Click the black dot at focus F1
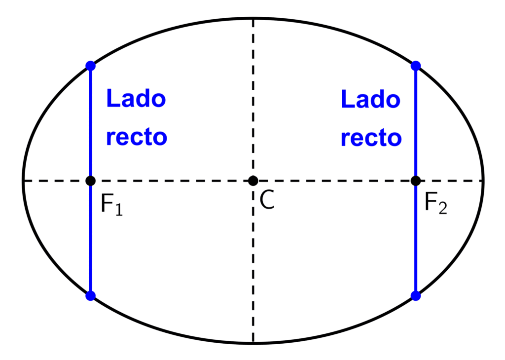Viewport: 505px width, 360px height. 91,180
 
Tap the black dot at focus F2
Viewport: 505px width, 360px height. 416,180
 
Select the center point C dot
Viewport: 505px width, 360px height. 253,180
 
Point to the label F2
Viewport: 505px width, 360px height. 436,203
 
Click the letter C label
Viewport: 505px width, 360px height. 267,200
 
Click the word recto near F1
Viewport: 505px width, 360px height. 137,137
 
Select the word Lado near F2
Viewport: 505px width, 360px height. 371,99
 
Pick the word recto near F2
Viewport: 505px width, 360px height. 371,138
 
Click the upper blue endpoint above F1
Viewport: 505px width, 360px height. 91,66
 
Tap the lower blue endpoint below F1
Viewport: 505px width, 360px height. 91,295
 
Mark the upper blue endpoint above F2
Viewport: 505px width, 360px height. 416,66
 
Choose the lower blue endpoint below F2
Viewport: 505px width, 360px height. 416,295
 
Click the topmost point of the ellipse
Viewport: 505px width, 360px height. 253,18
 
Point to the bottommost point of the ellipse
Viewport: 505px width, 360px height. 253,343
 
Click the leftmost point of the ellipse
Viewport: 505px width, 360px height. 23,180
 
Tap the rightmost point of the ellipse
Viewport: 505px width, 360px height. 483,180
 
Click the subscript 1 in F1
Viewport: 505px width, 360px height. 119,210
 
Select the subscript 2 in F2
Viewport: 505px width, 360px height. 443,208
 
